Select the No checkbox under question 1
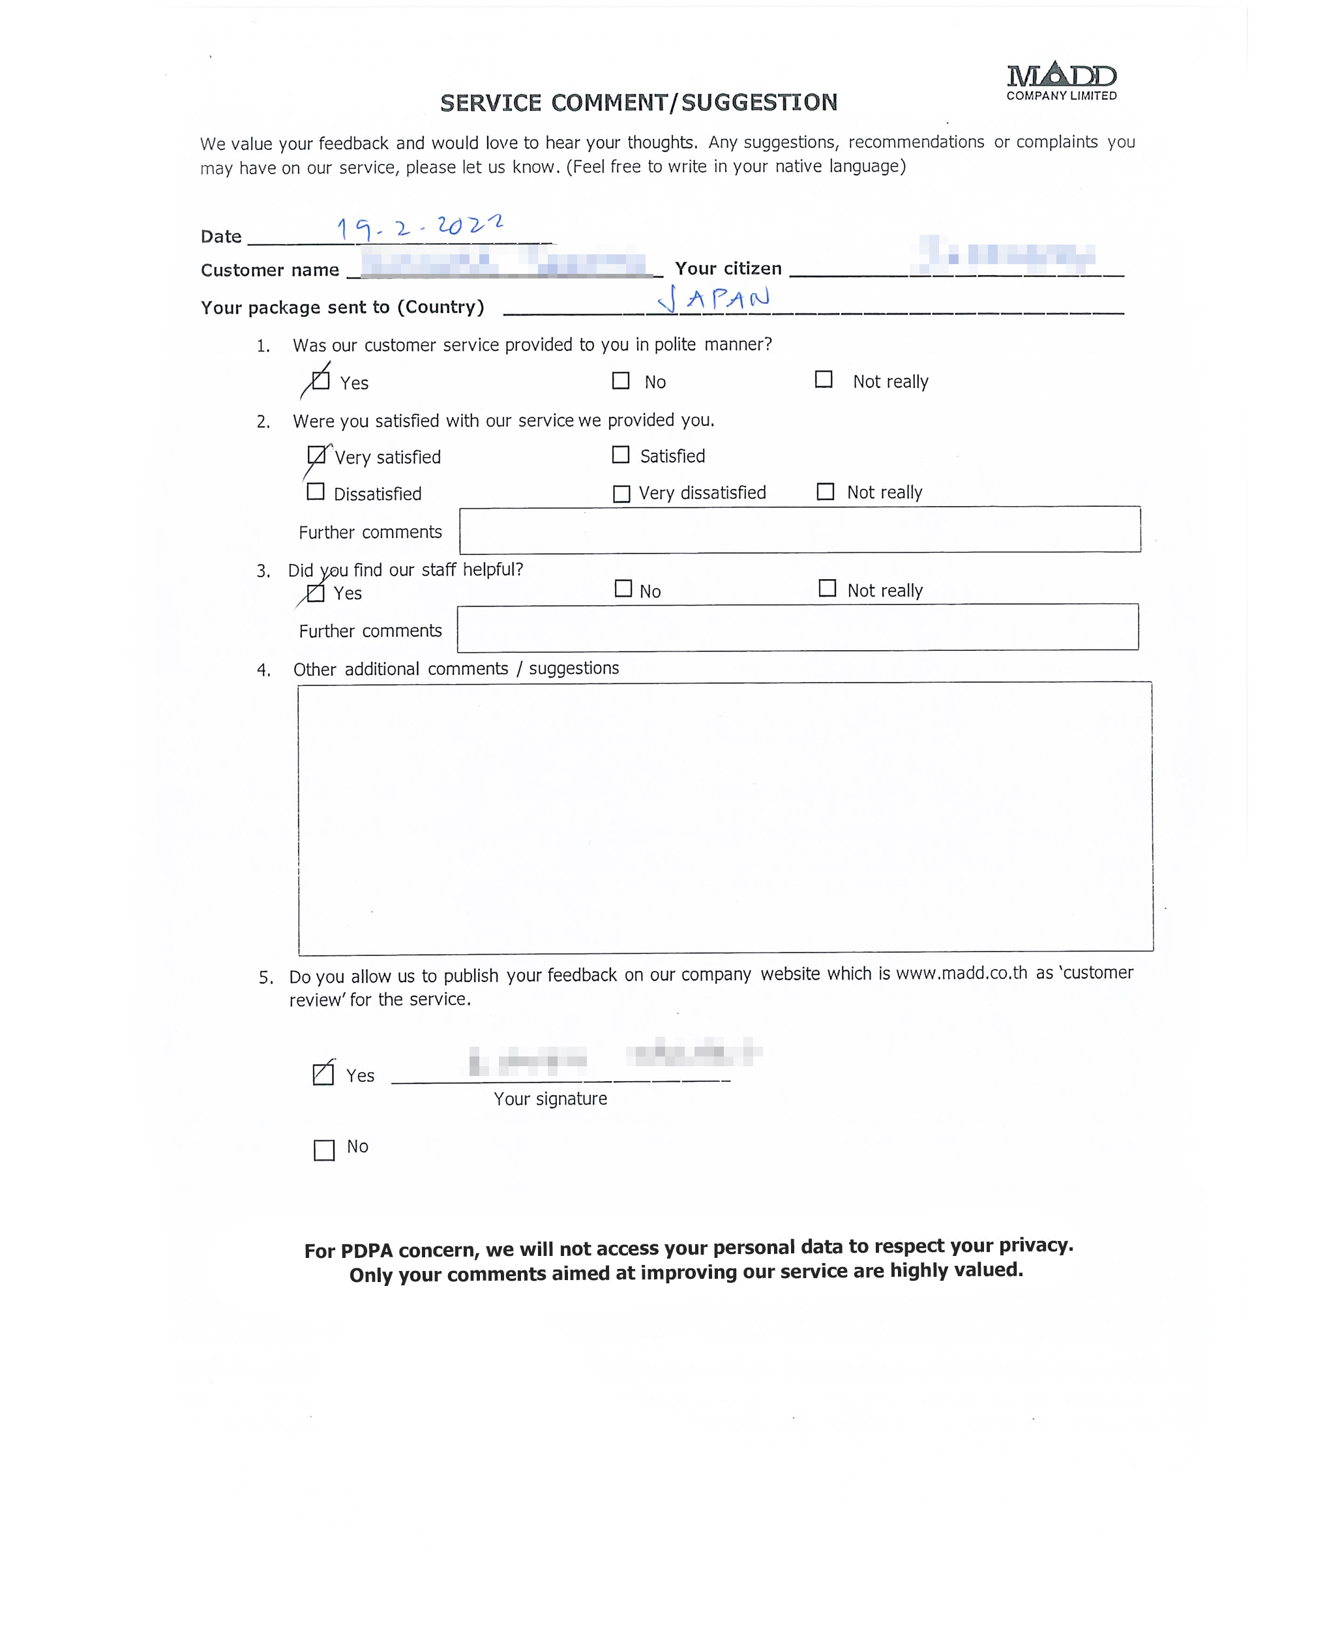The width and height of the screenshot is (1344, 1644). pyautogui.click(x=620, y=381)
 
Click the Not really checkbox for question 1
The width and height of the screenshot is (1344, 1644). pyautogui.click(x=824, y=380)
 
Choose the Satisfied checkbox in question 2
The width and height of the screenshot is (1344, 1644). pyautogui.click(x=620, y=455)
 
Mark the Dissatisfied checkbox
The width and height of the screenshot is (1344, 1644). pyautogui.click(x=315, y=492)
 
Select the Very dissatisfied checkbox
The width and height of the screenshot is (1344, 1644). pyautogui.click(x=621, y=494)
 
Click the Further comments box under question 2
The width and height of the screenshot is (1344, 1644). pyautogui.click(x=799, y=530)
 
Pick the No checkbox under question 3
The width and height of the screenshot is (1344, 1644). pyautogui.click(x=623, y=588)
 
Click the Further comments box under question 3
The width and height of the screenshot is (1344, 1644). pyautogui.click(x=798, y=627)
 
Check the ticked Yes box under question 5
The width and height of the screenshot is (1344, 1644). pyautogui.click(x=323, y=1074)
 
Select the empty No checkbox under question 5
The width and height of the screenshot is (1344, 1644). pyautogui.click(x=323, y=1150)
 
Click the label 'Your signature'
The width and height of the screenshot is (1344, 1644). pyautogui.click(x=550, y=1099)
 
